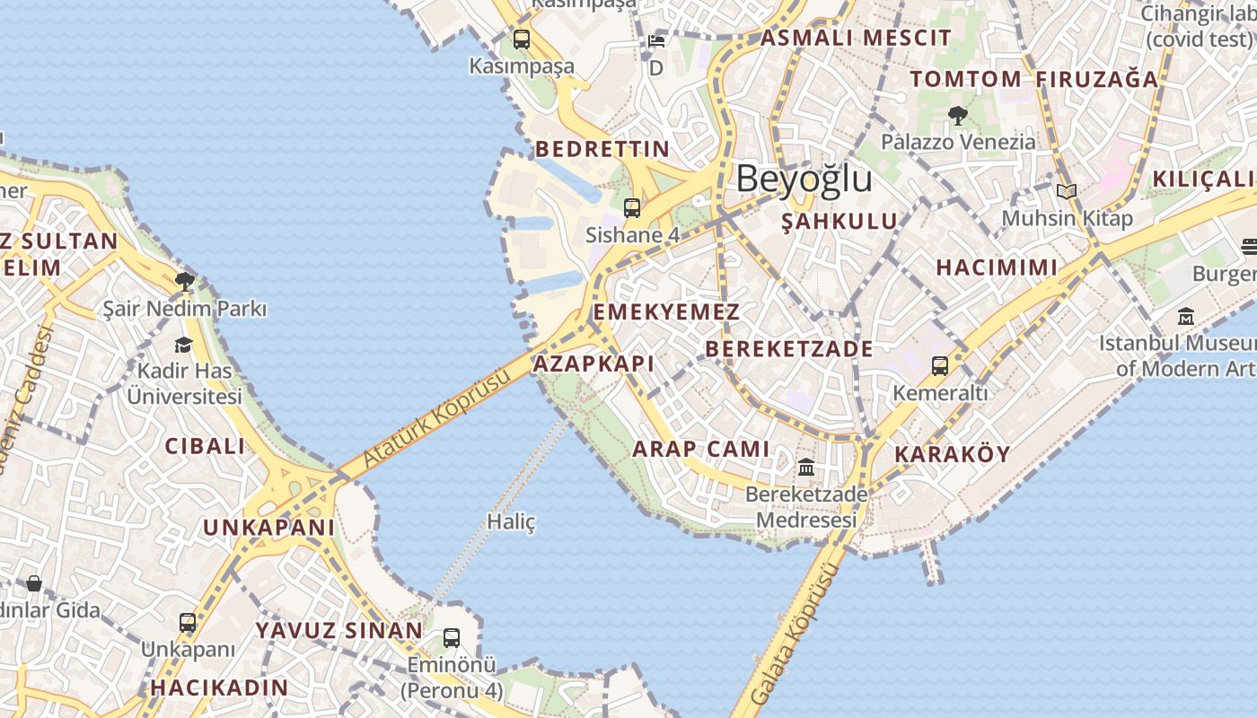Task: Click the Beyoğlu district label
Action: coord(804,179)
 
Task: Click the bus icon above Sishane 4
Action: coord(632,208)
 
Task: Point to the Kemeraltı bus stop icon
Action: coord(940,366)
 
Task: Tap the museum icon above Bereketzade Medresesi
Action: coord(806,468)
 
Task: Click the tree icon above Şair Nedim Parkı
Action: coord(185,283)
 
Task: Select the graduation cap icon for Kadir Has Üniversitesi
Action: coord(184,346)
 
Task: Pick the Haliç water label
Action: coord(511,521)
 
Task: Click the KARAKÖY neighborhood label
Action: coord(952,454)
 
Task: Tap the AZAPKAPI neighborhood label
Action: coord(593,363)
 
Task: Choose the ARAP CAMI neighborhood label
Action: coord(701,449)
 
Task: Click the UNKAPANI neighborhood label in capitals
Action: coord(268,527)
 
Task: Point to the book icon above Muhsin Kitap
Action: coord(1067,191)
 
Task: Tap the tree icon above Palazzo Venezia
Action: coord(957,115)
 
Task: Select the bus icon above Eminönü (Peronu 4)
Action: coord(452,638)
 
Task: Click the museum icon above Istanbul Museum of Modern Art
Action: coord(1186,317)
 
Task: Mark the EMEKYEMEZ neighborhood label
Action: coord(666,312)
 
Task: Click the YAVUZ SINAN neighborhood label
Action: coord(338,630)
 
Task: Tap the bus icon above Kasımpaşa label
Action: coord(522,39)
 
